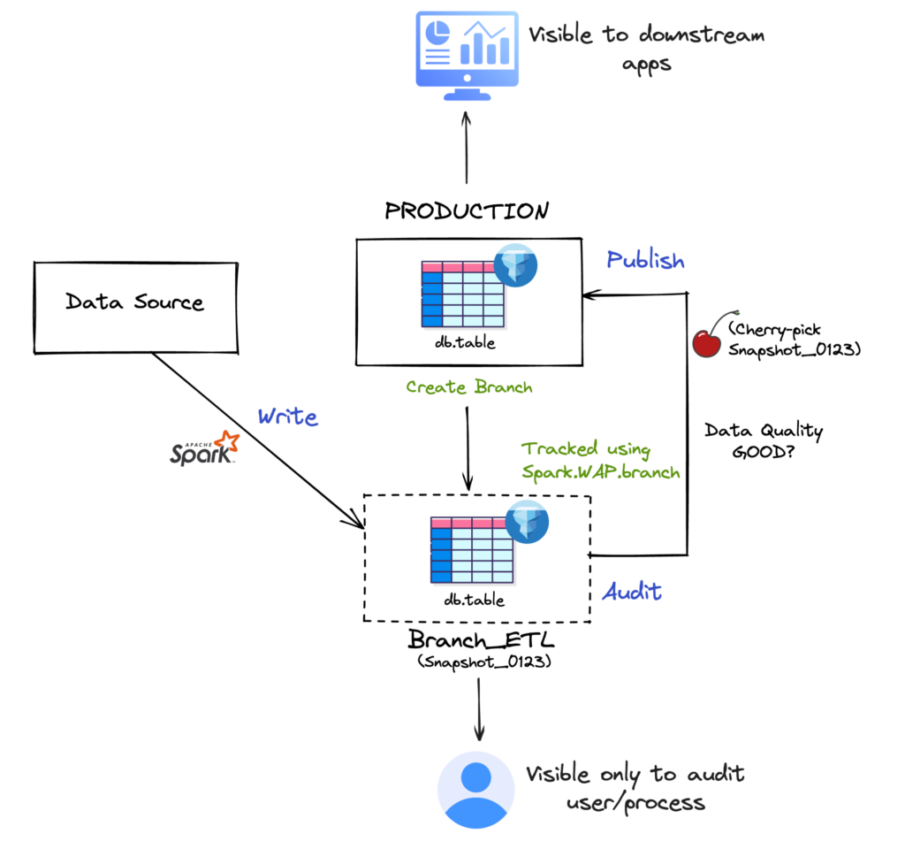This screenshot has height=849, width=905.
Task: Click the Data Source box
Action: pos(134,303)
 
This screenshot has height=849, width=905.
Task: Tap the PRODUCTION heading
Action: pos(467,211)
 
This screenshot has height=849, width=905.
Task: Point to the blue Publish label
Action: pos(645,260)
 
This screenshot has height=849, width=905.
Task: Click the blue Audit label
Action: pos(631,592)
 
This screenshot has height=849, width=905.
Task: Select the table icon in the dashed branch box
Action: pos(472,550)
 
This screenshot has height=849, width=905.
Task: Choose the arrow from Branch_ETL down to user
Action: pos(478,707)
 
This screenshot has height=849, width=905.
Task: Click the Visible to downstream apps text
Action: pos(645,49)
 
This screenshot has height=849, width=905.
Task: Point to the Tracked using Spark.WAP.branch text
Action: pos(600,460)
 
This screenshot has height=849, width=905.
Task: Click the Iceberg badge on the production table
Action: pos(520,262)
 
